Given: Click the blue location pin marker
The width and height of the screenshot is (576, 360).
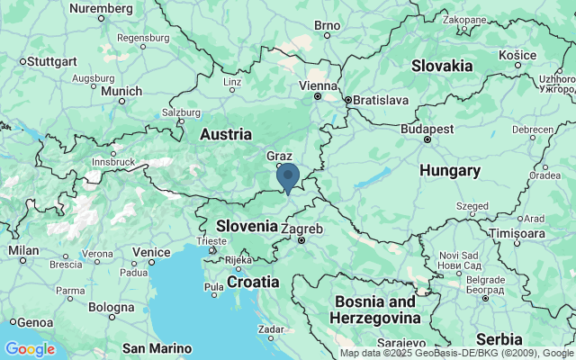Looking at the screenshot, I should tap(288, 176).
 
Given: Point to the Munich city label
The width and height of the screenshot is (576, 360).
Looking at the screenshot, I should tap(121, 91).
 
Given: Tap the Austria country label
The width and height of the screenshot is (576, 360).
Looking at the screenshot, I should tap(225, 134).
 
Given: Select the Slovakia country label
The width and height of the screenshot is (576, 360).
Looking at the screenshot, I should tap(441, 66).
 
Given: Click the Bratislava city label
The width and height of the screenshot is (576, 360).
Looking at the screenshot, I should tap(381, 100).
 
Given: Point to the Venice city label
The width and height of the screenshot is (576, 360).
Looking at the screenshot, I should tap(150, 252).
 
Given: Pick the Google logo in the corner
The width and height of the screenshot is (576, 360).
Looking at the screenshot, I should tap(30, 349).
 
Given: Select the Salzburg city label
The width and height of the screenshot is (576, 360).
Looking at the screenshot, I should tap(180, 112).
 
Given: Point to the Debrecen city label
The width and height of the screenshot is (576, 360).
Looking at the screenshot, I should tap(533, 130).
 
